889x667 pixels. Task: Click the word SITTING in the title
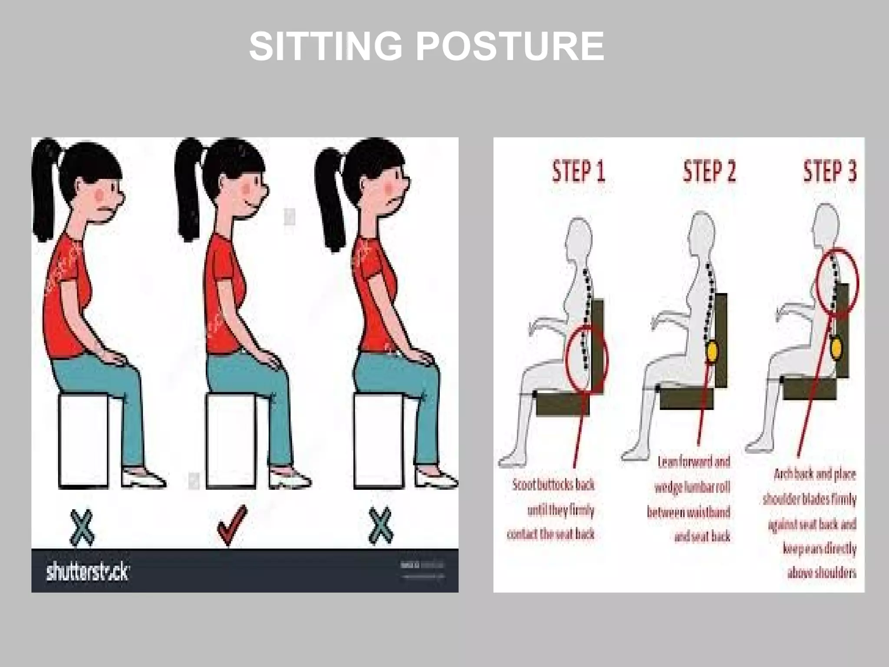pos(326,46)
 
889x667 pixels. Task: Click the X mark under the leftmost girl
pos(82,527)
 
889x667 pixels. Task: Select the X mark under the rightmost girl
pos(381,526)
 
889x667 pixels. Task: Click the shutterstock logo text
pos(87,571)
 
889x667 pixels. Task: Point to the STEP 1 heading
pos(578,172)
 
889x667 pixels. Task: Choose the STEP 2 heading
pos(709,172)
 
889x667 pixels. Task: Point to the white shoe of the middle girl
pos(289,478)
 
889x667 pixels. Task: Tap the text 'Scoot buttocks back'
pos(553,485)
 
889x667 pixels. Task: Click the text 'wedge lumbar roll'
pos(692,487)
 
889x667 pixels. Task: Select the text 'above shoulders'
pos(822,573)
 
